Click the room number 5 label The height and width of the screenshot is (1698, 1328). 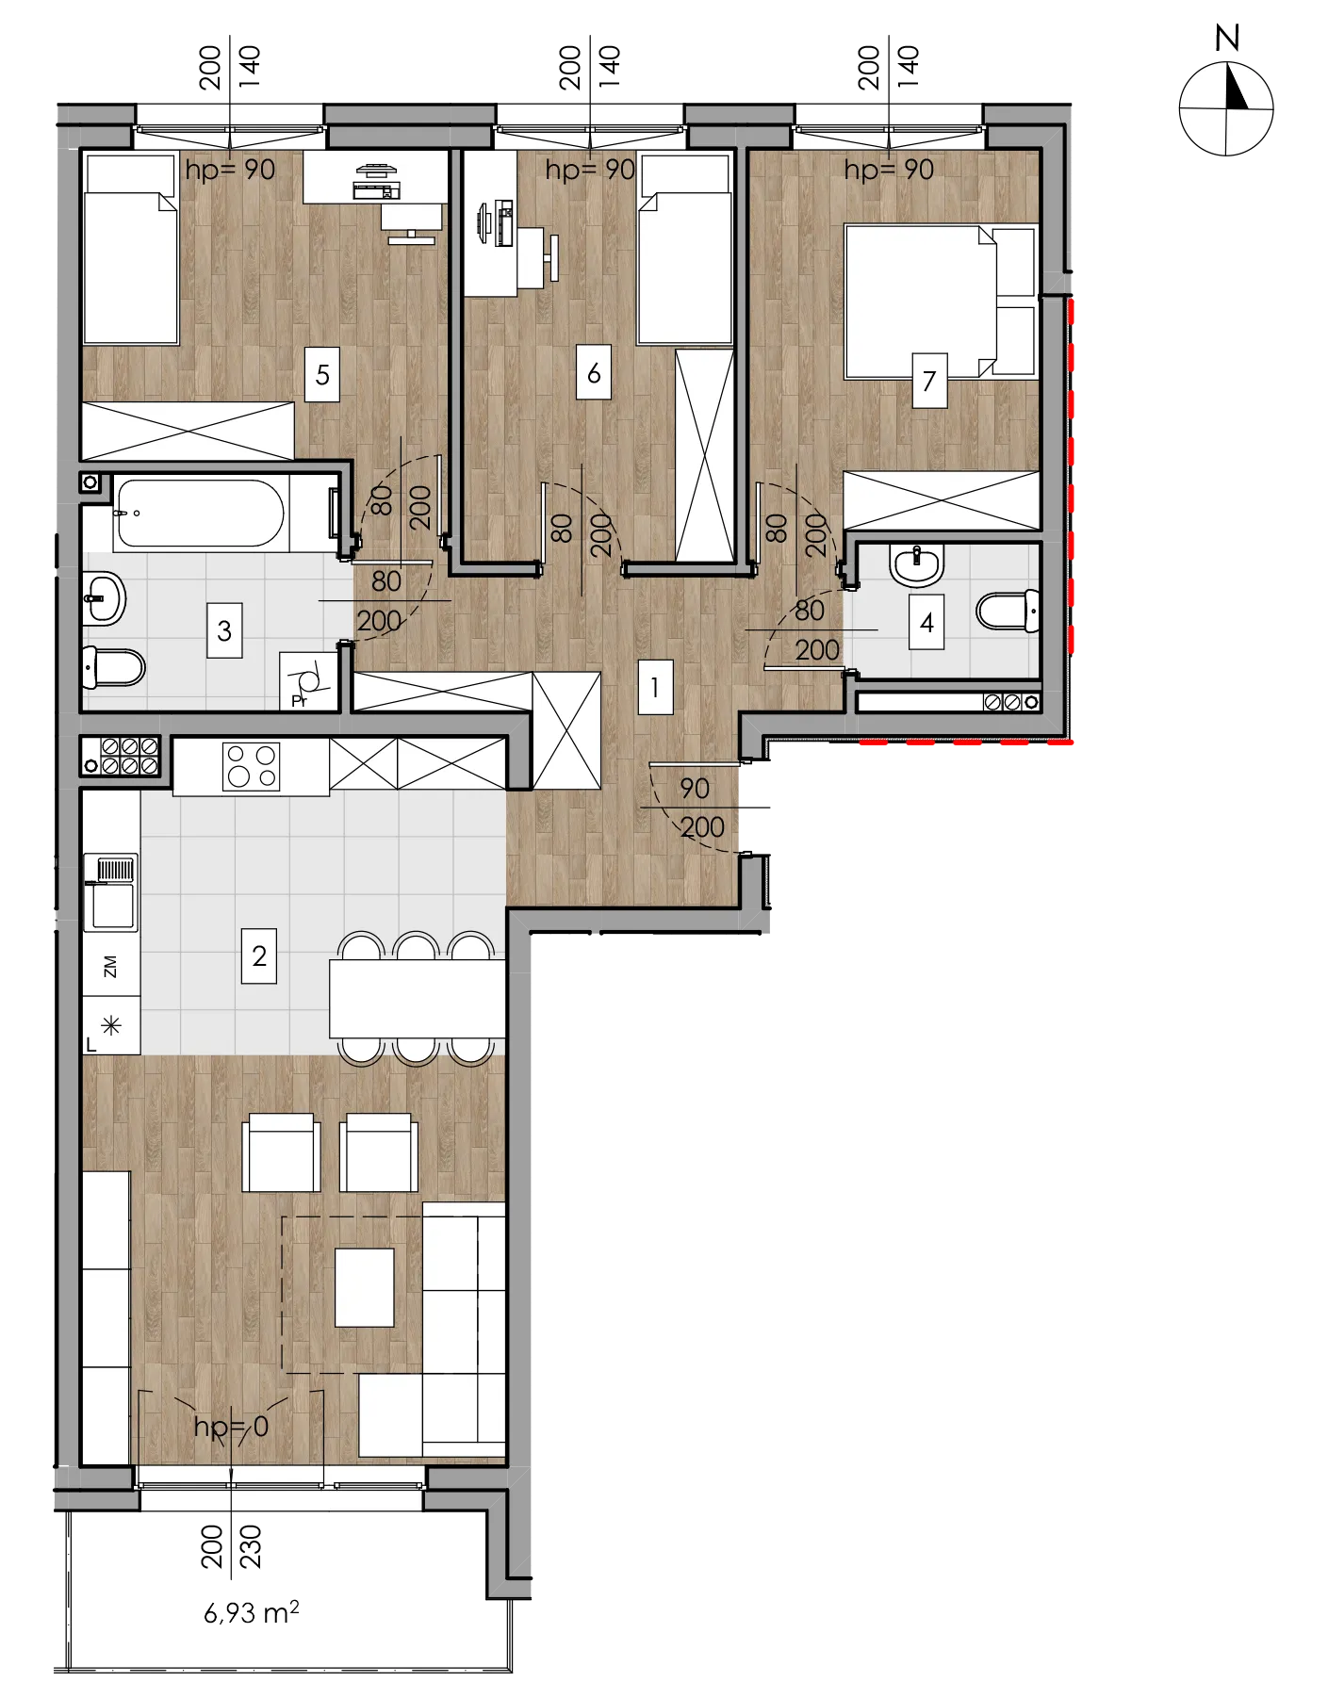[x=322, y=375]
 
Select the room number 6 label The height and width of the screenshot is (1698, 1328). [x=594, y=373]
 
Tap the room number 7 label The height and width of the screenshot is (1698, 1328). [x=929, y=381]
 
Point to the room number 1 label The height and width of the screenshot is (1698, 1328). [x=655, y=687]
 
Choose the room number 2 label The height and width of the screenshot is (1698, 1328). [x=259, y=956]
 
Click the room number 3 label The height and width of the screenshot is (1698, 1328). [x=224, y=630]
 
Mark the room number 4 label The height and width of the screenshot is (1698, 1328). [x=926, y=623]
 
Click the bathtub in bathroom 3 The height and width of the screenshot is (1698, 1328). [x=200, y=514]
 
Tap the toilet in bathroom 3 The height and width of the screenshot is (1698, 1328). [x=114, y=668]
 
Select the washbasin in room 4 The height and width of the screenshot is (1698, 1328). [x=916, y=565]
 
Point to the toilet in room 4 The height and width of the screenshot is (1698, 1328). [x=1008, y=611]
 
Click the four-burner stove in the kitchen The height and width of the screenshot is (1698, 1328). [x=251, y=765]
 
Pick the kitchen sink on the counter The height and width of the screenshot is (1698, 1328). [x=111, y=891]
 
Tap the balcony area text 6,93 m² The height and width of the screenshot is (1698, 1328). [x=252, y=1612]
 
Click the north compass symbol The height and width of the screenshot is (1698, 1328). [x=1226, y=108]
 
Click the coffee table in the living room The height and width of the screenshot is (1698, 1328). [x=365, y=1287]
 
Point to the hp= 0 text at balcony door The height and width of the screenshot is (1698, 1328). [x=232, y=1427]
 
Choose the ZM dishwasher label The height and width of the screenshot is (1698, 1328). [x=110, y=966]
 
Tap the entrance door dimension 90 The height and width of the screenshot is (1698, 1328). [x=695, y=788]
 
